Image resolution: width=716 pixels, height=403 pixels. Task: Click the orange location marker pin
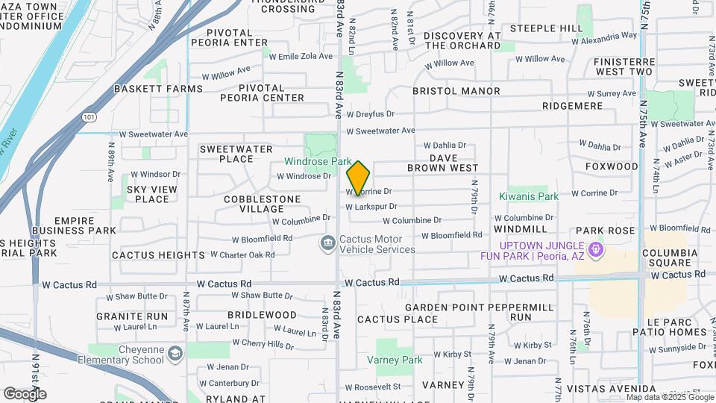(x=358, y=177)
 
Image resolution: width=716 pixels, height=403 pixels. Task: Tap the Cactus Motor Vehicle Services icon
(x=327, y=243)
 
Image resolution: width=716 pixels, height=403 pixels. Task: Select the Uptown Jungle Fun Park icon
(x=595, y=249)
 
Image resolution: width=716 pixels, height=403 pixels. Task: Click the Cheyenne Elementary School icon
(x=175, y=353)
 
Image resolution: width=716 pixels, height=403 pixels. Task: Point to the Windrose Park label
(x=320, y=161)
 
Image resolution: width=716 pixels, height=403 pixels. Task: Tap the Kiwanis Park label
(x=528, y=197)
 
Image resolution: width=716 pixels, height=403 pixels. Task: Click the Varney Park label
(x=395, y=360)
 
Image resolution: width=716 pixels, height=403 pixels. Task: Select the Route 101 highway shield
(x=89, y=117)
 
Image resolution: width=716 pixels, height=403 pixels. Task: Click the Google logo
(x=25, y=393)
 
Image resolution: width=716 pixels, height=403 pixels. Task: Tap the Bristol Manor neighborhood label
(x=456, y=91)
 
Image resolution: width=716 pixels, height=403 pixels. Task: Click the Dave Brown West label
(x=442, y=163)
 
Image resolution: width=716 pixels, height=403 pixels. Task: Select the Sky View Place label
(x=152, y=194)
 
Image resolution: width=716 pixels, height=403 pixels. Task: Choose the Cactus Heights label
(x=157, y=255)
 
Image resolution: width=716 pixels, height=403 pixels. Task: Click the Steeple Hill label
(x=547, y=28)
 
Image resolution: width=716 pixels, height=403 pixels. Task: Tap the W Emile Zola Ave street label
(x=301, y=56)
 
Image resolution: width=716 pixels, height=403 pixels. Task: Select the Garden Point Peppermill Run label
(x=480, y=312)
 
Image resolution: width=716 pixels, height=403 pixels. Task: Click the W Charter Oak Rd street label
(x=242, y=254)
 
